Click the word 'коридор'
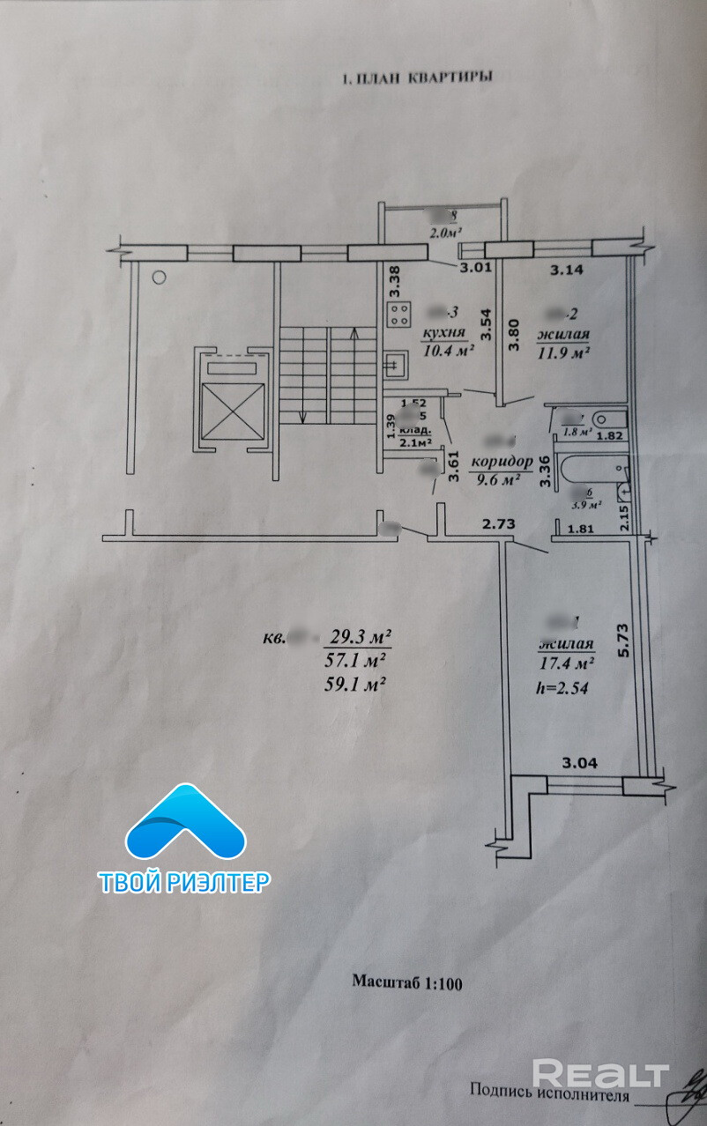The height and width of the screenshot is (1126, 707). point(502,463)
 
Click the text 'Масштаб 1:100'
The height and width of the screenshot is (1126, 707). point(407,981)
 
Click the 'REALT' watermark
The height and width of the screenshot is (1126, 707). point(601,1073)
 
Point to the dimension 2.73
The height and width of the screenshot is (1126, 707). point(497,524)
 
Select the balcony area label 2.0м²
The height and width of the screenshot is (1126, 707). point(446,233)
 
